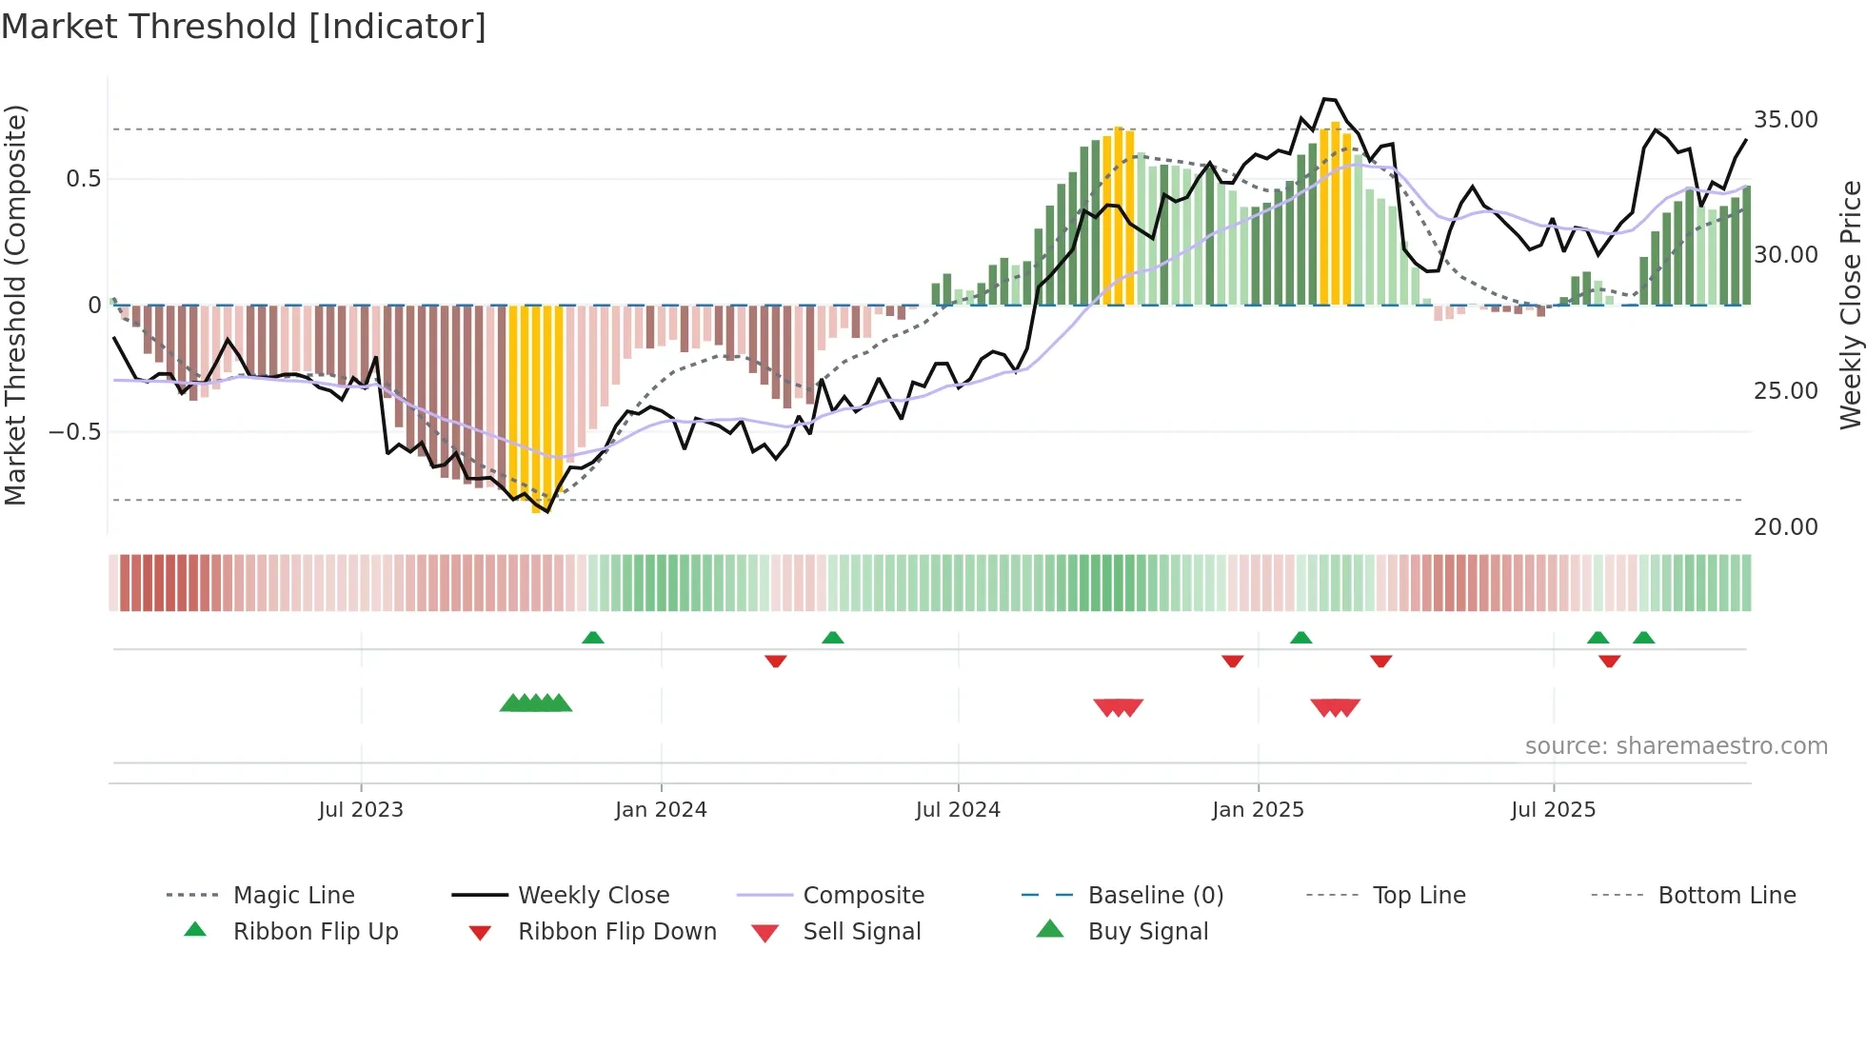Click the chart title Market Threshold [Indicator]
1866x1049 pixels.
[244, 27]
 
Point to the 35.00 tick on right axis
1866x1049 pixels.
[1785, 120]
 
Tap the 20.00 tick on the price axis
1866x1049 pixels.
[1785, 527]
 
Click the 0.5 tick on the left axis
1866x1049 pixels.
[83, 179]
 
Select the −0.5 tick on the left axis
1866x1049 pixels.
[75, 432]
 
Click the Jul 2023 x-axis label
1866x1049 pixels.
[361, 810]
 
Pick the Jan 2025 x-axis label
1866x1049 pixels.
[1258, 810]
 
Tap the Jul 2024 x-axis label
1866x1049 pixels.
[958, 810]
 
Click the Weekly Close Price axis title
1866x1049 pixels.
[1850, 305]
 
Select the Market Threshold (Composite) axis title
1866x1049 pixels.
[15, 305]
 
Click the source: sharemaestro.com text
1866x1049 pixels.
[1676, 746]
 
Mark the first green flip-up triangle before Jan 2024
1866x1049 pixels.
[593, 637]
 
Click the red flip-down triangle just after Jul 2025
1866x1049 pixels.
[1610, 662]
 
